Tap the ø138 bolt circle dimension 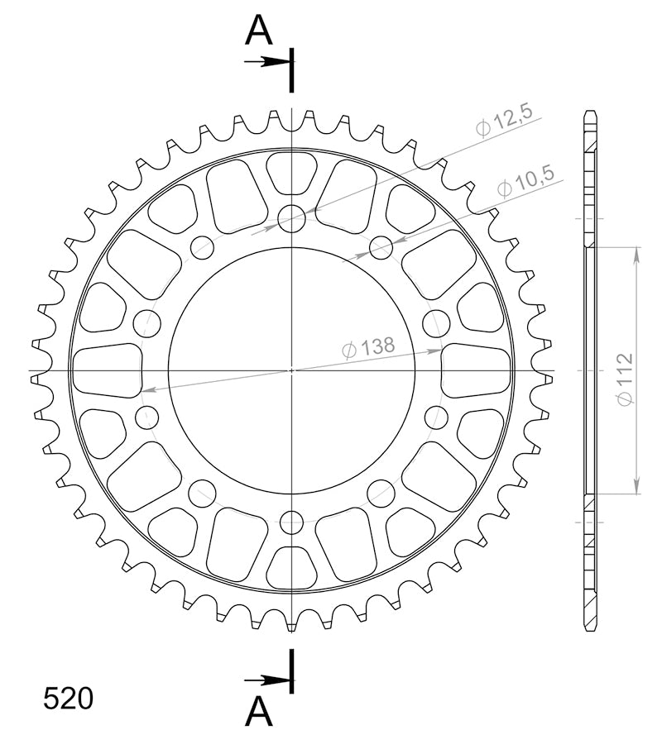tap(369, 347)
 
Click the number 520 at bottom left tap(69, 699)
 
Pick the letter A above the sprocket tap(258, 30)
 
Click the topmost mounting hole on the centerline tap(291, 218)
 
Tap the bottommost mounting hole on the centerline tap(291, 522)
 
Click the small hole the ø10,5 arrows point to tap(381, 247)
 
